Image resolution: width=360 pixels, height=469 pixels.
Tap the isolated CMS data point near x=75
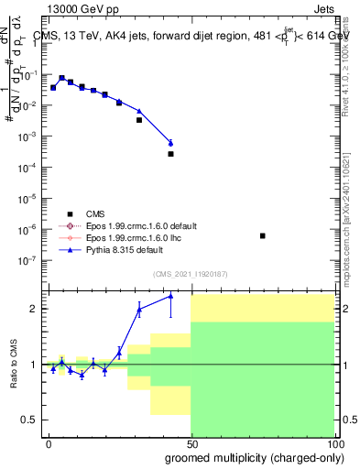[x=263, y=235]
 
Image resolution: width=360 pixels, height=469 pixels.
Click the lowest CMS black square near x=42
[x=170, y=154]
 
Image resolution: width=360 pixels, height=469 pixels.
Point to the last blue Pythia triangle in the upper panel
[x=170, y=142]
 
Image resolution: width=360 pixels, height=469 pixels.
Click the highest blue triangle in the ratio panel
[x=170, y=296]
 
